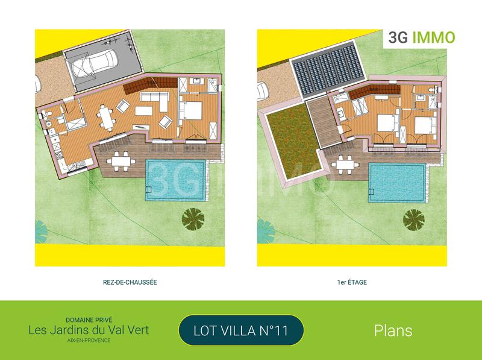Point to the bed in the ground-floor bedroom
pyautogui.click(x=193, y=112)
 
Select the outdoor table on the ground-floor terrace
pyautogui.click(x=123, y=162)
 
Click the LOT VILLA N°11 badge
pyautogui.click(x=241, y=330)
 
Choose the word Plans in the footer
pyautogui.click(x=393, y=330)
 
